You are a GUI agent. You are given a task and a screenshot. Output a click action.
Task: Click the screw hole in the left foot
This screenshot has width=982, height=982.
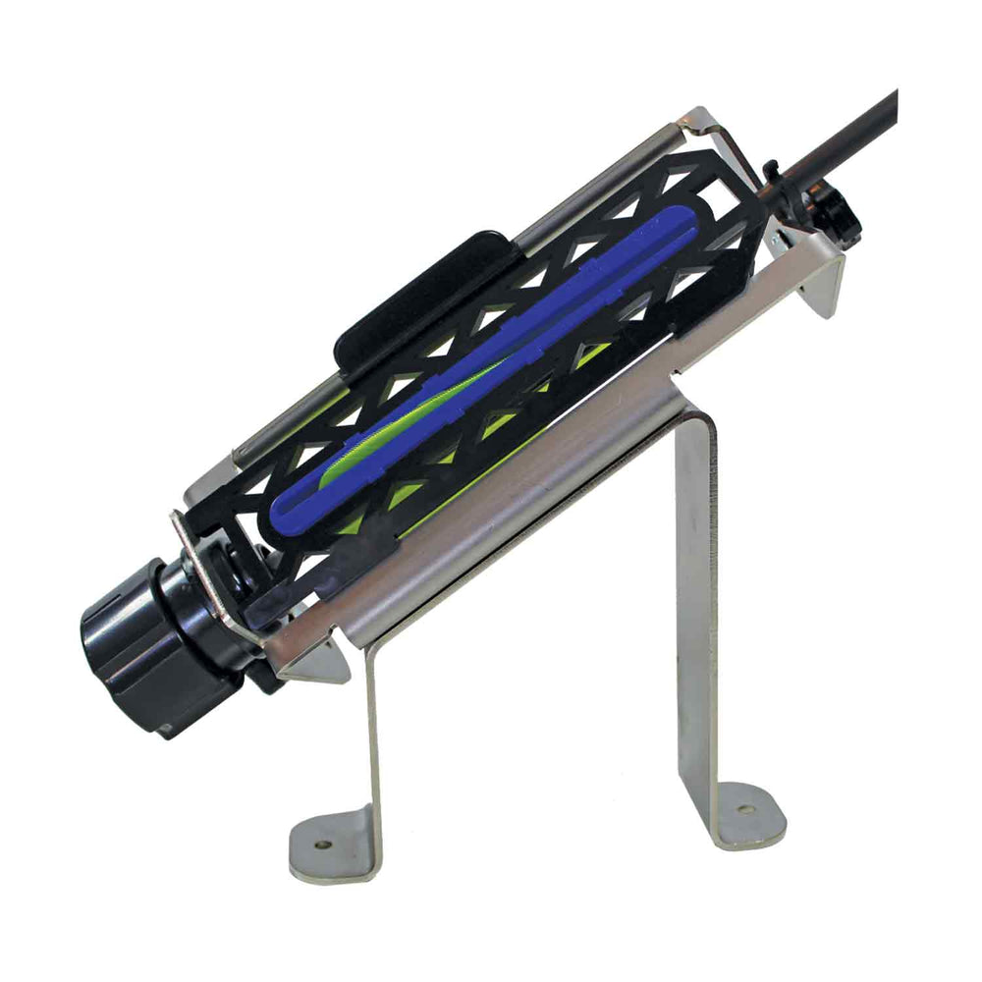click(323, 844)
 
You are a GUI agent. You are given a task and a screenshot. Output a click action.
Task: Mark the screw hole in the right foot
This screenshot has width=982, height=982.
click(742, 811)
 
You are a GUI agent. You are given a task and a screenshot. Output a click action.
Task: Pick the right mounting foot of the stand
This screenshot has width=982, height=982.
click(746, 815)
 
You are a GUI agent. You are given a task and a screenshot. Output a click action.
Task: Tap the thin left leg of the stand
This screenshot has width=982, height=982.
click(373, 727)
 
